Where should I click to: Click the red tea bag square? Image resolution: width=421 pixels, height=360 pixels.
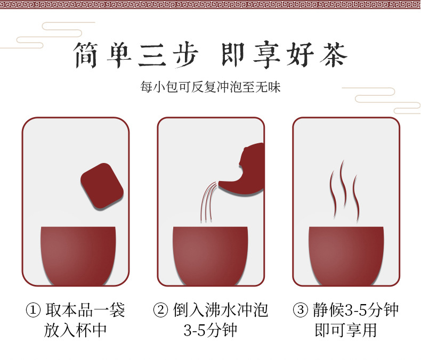tap(102, 186)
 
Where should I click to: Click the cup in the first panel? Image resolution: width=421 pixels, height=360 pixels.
tap(78, 256)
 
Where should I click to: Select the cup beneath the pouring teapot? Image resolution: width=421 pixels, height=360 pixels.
tap(210, 256)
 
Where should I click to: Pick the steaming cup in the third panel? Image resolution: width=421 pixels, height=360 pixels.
tap(346, 256)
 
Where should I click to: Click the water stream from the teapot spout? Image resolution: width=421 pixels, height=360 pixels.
tap(207, 202)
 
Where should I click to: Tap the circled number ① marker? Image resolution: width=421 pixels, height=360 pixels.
tap(33, 310)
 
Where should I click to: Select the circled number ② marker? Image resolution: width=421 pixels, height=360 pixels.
tap(160, 310)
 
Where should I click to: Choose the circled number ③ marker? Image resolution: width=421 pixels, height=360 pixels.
tap(301, 310)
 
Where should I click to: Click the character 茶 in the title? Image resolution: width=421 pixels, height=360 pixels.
tap(334, 55)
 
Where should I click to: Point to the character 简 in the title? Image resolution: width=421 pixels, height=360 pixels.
tap(85, 55)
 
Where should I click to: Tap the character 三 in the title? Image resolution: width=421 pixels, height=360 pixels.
tap(152, 55)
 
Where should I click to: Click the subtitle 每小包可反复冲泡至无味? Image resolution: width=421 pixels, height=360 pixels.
tap(210, 87)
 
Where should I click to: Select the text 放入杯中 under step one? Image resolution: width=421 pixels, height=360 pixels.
tap(76, 330)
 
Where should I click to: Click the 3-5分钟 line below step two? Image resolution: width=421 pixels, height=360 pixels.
tap(210, 330)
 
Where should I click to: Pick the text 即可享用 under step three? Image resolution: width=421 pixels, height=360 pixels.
tap(346, 330)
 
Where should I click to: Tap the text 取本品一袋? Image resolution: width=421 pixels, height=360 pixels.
tap(85, 310)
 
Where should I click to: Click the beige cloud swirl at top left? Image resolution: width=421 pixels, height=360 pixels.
tap(48, 35)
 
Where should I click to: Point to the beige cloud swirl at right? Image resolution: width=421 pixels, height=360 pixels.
tap(381, 100)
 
